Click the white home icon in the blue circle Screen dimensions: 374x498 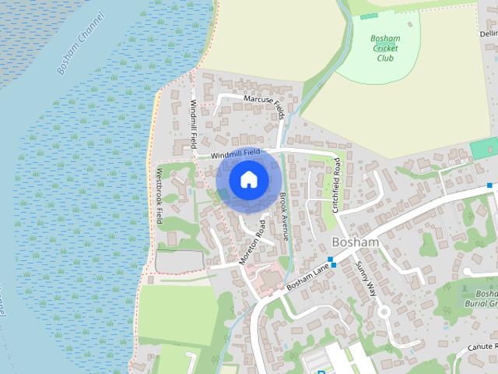click(x=248, y=179)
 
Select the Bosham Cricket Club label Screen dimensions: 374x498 click(x=386, y=48)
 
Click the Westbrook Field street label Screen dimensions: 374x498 click(x=160, y=196)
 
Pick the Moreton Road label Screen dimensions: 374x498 click(x=252, y=242)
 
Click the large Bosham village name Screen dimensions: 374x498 click(x=355, y=242)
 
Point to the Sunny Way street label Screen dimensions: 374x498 click(x=366, y=277)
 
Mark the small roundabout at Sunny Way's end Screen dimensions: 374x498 click(x=383, y=312)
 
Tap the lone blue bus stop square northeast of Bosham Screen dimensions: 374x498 click(x=490, y=185)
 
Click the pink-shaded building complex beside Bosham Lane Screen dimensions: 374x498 click(x=268, y=279)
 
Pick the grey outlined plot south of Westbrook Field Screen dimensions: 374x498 click(x=180, y=260)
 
